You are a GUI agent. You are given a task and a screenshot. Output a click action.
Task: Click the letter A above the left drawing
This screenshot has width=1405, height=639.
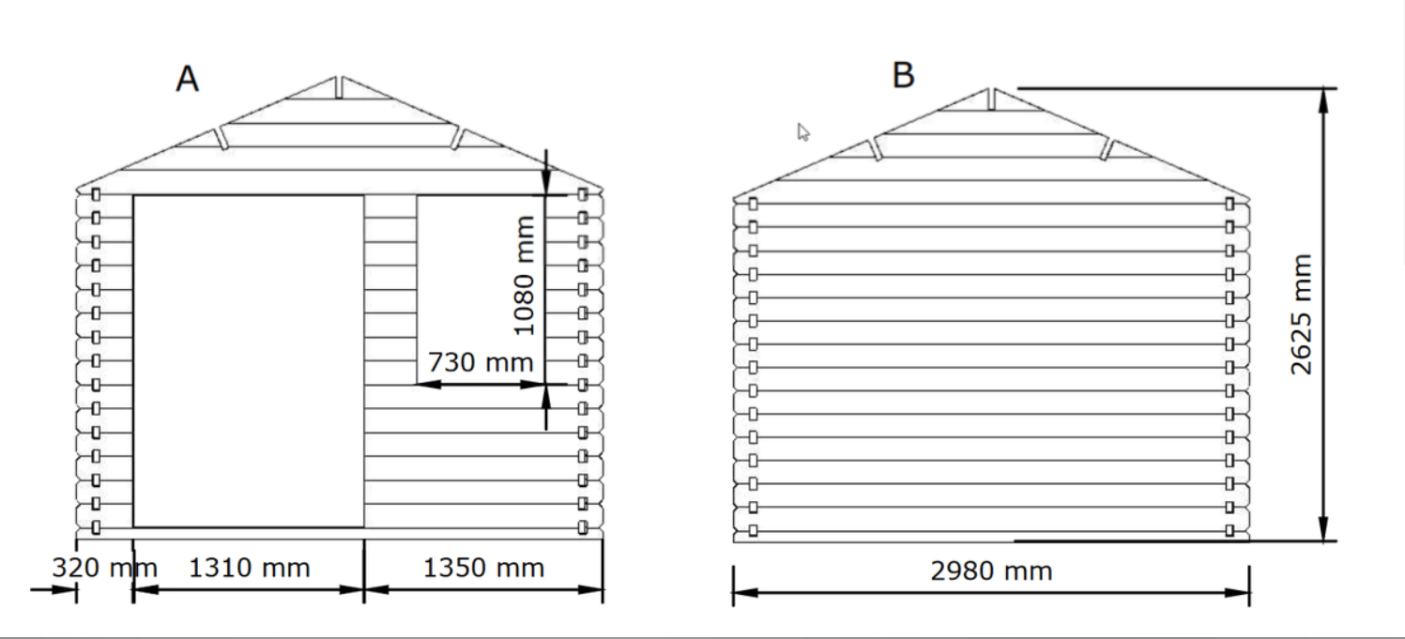click(x=188, y=79)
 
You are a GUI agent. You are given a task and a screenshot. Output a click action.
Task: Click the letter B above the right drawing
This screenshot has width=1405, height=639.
click(x=903, y=75)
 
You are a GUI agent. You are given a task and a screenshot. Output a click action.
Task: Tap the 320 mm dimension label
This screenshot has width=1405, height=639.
click(x=104, y=568)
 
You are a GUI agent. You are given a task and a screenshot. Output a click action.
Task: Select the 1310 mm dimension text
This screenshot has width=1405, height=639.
click(x=249, y=568)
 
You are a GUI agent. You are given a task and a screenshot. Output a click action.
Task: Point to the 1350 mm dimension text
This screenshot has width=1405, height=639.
click(x=483, y=568)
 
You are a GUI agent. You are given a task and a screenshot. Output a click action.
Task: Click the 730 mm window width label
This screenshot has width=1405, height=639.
click(x=481, y=362)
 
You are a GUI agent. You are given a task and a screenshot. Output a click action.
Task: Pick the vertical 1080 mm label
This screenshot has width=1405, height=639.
click(x=524, y=275)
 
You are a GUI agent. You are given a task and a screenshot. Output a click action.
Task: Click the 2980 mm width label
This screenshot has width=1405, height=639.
click(x=991, y=571)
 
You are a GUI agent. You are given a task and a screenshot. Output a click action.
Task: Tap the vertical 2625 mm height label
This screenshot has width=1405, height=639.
click(x=1301, y=314)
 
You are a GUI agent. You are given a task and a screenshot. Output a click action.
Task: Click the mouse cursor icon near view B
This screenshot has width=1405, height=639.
click(x=802, y=131)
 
